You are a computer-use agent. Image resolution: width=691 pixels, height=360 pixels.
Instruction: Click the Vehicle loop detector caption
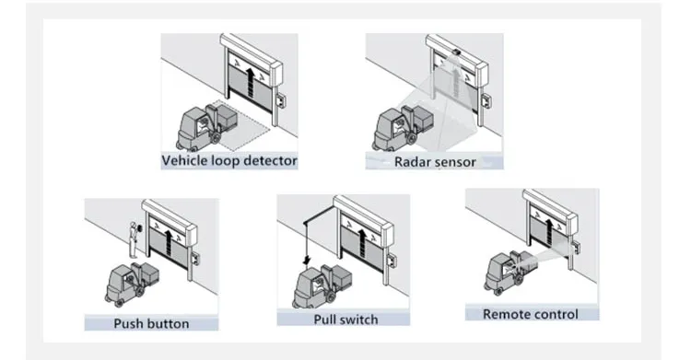click(229, 161)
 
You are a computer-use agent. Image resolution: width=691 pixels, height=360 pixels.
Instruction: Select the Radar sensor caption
click(434, 162)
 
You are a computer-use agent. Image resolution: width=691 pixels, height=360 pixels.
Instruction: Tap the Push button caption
click(151, 323)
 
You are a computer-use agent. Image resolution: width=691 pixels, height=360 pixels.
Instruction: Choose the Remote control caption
click(531, 314)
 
